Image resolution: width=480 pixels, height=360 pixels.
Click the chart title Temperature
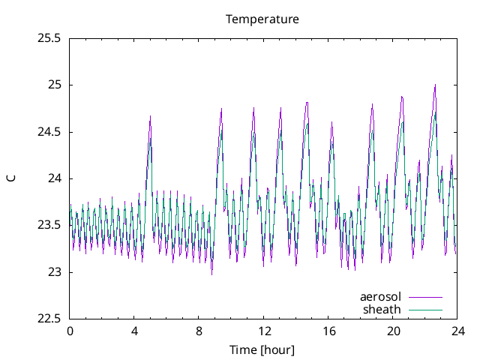point(262,19)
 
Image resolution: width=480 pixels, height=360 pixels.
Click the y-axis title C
point(11,178)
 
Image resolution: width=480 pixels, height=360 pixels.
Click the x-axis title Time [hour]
point(262,349)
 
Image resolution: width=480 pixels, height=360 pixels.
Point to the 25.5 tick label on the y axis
point(49,37)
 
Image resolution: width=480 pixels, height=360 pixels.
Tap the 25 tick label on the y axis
point(55,85)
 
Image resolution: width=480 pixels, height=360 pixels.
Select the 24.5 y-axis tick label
point(49,132)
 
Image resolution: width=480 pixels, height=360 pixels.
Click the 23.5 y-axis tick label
point(49,226)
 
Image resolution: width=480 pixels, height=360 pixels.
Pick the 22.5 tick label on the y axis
point(49,319)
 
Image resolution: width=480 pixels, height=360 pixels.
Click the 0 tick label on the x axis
point(70,331)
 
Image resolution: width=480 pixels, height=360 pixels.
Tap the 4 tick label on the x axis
point(134,331)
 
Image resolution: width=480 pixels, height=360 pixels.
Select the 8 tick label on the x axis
point(199,331)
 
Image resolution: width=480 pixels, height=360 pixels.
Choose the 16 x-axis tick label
point(328,331)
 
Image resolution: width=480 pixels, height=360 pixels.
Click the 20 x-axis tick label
point(393,331)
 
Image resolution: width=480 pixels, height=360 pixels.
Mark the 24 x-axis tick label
point(457,331)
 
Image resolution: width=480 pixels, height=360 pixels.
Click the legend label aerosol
point(380,297)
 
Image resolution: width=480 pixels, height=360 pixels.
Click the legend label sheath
point(382,309)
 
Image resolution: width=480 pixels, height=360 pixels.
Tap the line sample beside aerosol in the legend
point(424,297)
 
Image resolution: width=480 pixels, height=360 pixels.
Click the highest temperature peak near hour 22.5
point(435,85)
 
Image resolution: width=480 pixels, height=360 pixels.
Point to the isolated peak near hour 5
point(151,116)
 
